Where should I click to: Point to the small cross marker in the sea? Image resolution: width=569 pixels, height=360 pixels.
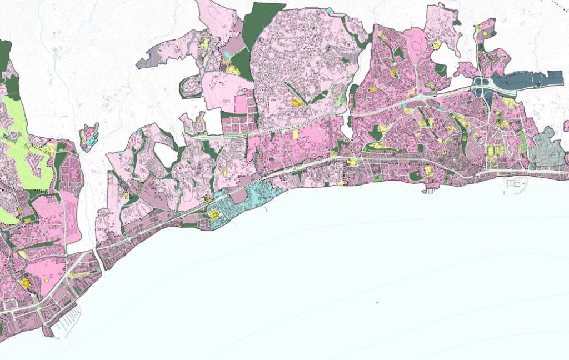377,303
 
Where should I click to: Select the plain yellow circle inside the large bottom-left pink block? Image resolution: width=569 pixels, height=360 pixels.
47,281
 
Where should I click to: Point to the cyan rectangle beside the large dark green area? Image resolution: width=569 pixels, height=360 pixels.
228,54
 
